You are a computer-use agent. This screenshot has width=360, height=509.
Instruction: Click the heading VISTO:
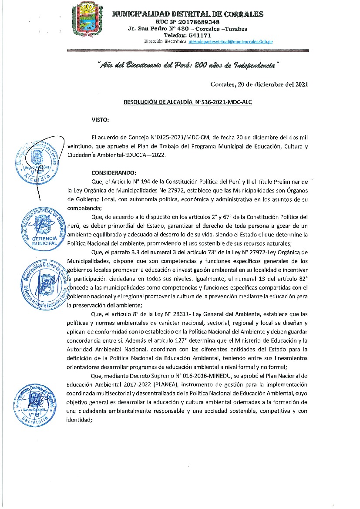pos(100,119)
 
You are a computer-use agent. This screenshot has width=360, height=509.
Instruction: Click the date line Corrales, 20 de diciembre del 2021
pos(259,84)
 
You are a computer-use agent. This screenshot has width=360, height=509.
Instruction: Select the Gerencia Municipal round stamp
pos(41,230)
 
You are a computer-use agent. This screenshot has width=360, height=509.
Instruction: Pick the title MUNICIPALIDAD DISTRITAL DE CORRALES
pos(188,14)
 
